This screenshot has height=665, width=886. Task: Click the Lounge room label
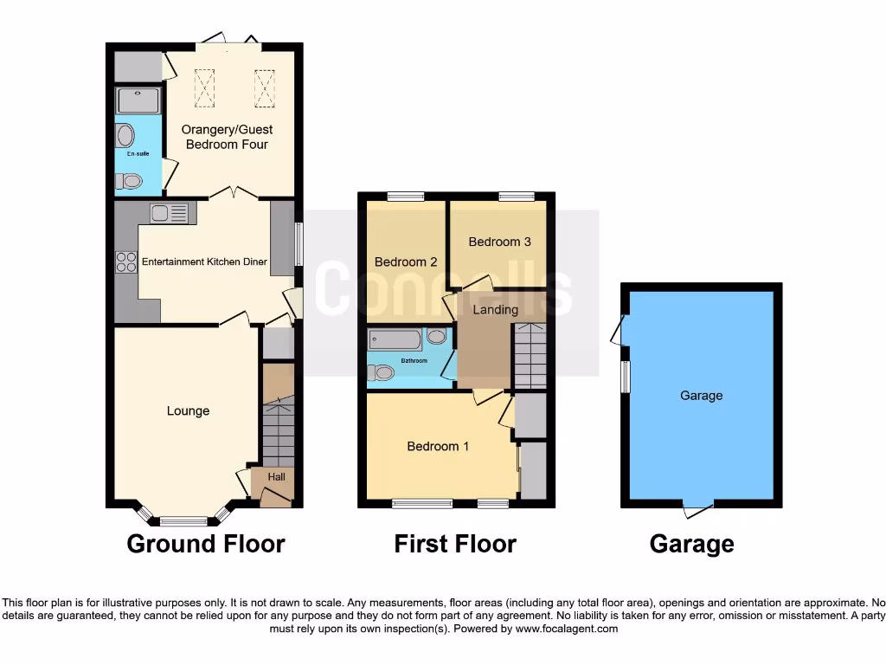click(x=188, y=410)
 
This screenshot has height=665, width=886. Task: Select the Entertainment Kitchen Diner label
click(x=204, y=261)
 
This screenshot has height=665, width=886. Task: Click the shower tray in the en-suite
click(x=138, y=100)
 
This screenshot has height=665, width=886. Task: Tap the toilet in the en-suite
click(x=129, y=181)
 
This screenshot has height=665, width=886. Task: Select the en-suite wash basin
click(x=125, y=137)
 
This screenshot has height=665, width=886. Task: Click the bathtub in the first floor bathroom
click(x=395, y=339)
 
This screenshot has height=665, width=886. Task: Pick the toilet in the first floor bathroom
click(x=380, y=372)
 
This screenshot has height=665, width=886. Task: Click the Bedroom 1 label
click(x=438, y=446)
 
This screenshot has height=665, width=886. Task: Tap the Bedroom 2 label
click(x=406, y=261)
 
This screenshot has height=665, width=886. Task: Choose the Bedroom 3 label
click(x=499, y=242)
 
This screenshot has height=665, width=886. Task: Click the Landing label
click(x=496, y=309)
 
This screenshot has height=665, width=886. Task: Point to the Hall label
click(x=276, y=476)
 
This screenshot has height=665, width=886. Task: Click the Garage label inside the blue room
click(x=701, y=396)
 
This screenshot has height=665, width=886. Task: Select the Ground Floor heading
click(x=206, y=544)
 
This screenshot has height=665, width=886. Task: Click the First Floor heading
click(x=455, y=544)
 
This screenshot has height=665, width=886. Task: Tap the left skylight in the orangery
click(x=206, y=87)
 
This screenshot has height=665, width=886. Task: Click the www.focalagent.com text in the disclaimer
click(x=568, y=629)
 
